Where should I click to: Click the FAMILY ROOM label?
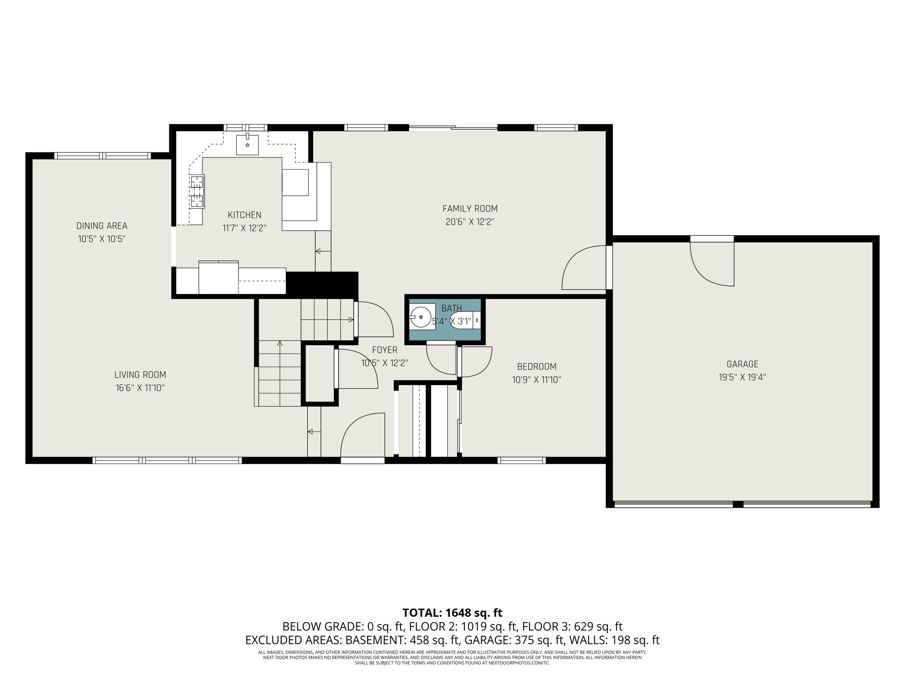coord(470,209)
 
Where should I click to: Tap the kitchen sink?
coord(247,145)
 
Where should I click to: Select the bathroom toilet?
coord(464,320)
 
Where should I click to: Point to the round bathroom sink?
coord(420,317)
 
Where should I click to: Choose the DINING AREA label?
coord(102,226)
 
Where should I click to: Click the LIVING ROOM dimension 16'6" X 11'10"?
coord(140,388)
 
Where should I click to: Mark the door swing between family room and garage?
coord(583,268)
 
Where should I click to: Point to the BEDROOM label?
coord(536,367)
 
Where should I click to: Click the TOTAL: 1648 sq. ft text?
coord(452,613)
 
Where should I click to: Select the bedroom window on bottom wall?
coord(522,460)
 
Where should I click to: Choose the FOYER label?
coord(384,350)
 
